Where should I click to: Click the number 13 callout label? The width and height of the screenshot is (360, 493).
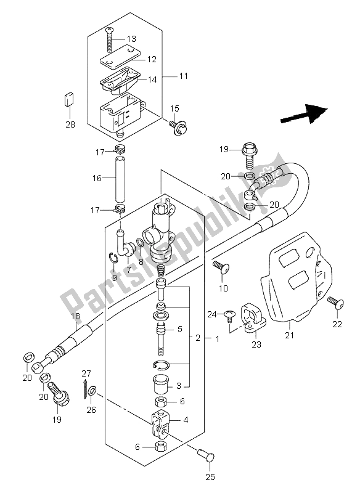[131, 39]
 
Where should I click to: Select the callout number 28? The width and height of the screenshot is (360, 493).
[70, 124]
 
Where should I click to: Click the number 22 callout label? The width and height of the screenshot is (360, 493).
[337, 324]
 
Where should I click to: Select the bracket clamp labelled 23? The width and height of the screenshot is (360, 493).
[253, 314]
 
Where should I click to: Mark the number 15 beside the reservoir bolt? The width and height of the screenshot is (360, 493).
[174, 109]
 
